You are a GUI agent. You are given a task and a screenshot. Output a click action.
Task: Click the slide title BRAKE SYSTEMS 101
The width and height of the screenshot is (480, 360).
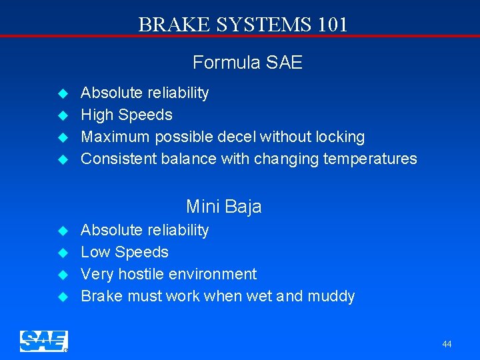(x=243, y=25)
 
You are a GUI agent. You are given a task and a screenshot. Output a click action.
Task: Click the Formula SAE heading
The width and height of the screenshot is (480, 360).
(x=247, y=63)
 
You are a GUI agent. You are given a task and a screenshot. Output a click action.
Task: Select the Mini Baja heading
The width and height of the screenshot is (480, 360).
(x=223, y=207)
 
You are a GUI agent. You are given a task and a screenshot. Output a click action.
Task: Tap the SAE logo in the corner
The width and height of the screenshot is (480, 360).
(x=43, y=341)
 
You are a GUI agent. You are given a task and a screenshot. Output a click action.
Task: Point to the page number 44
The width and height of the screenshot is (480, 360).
(x=447, y=344)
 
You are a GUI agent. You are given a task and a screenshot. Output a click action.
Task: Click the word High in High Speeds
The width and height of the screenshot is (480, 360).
(x=97, y=115)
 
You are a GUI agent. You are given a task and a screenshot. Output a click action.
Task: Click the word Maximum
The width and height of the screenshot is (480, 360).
(x=116, y=137)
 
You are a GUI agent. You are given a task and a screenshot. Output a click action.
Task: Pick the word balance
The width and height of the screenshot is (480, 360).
(x=188, y=159)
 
